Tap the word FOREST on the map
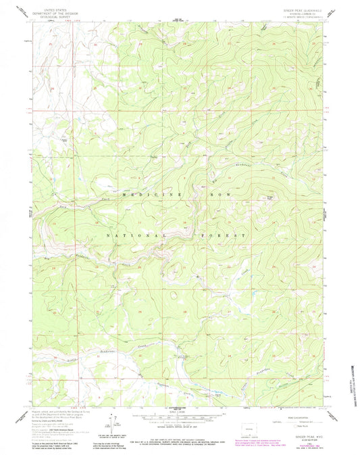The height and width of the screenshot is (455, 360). click(224, 235)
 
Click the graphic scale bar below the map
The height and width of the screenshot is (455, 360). click(180, 412)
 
